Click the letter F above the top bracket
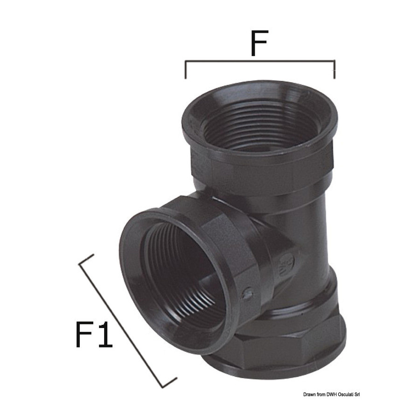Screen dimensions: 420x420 (x=259, y=43)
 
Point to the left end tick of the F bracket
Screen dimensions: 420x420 (x=185, y=70)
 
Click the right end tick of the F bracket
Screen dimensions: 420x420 (x=334, y=70)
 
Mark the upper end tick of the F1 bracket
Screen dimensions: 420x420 (x=86, y=259)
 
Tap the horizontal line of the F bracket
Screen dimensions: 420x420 (x=260, y=61)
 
